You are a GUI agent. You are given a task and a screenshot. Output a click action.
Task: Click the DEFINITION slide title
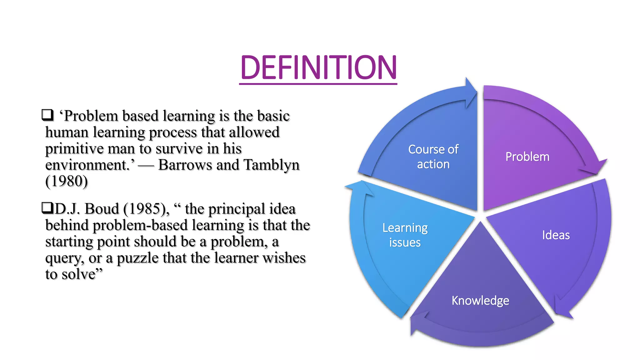pyautogui.click(x=318, y=67)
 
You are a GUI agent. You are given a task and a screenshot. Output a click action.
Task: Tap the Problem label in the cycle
pyautogui.click(x=527, y=157)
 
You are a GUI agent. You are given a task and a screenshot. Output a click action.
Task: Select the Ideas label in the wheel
pyautogui.click(x=556, y=235)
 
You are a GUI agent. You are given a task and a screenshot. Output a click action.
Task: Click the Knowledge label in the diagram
pyautogui.click(x=480, y=300)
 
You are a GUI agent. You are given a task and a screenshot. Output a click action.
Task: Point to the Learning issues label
pyautogui.click(x=405, y=235)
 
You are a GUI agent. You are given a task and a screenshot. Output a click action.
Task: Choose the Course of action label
pyautogui.click(x=433, y=157)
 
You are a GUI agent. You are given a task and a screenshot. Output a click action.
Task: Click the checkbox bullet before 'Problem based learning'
pyautogui.click(x=47, y=115)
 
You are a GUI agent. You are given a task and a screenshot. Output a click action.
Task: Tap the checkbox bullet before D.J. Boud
pyautogui.click(x=47, y=208)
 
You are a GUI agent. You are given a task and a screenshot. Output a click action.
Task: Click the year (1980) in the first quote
pyautogui.click(x=67, y=181)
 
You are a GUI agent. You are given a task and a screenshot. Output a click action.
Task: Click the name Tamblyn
pyautogui.click(x=271, y=165)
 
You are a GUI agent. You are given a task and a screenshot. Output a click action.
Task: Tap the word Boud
pyautogui.click(x=102, y=209)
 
